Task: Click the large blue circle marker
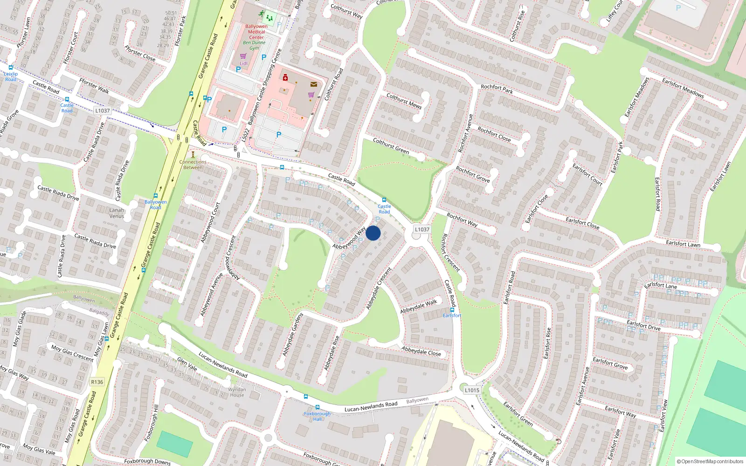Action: click(x=373, y=233)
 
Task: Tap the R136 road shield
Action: click(x=97, y=382)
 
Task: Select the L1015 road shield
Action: click(x=472, y=390)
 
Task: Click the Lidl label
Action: click(x=243, y=63)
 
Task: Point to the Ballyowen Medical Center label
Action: click(x=256, y=32)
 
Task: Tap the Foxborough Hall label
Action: click(x=317, y=416)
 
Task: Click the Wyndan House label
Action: click(x=237, y=392)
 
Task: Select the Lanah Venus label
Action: click(x=117, y=213)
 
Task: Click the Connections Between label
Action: click(x=193, y=164)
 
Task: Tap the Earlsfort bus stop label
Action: click(x=452, y=315)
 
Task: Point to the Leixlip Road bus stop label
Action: click(x=11, y=76)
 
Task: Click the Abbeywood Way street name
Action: click(x=349, y=238)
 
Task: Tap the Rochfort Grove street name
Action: click(x=472, y=174)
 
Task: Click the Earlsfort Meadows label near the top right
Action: click(x=683, y=88)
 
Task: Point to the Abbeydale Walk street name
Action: click(x=419, y=306)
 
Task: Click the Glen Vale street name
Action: click(x=187, y=364)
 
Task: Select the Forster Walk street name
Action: click(x=94, y=85)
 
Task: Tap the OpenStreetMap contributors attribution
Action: click(x=710, y=461)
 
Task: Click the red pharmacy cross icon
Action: click(x=285, y=77)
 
